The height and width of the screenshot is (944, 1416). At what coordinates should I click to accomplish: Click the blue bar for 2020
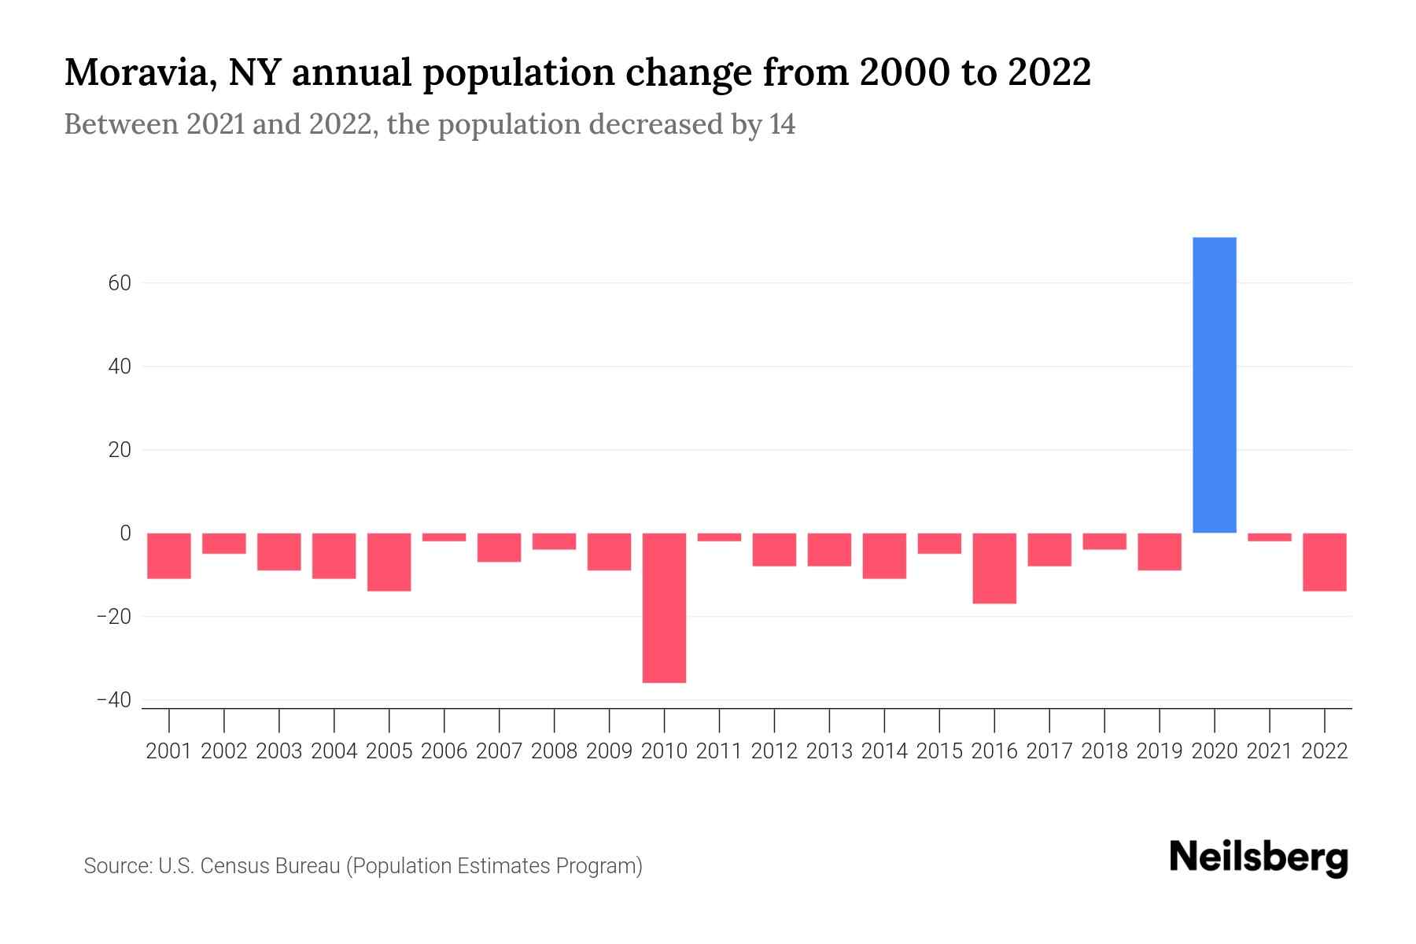tap(1214, 385)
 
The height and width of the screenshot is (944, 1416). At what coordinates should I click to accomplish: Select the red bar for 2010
tap(664, 607)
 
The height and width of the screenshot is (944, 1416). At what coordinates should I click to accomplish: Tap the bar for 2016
tap(994, 568)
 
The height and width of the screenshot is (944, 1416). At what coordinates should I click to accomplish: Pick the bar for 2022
tap(1324, 562)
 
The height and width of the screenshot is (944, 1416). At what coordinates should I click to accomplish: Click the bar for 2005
tap(389, 562)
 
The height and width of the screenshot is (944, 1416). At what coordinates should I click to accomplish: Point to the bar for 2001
tap(169, 555)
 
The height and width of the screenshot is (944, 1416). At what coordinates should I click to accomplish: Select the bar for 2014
tap(884, 555)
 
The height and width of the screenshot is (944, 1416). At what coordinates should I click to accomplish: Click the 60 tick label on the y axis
tap(120, 283)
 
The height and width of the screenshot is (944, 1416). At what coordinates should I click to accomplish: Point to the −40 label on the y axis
tap(114, 700)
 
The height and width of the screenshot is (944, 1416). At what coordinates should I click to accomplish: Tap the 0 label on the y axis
tap(125, 533)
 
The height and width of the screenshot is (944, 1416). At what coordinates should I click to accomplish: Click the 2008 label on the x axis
tap(554, 751)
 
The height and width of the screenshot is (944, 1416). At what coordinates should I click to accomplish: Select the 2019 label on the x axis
tap(1160, 751)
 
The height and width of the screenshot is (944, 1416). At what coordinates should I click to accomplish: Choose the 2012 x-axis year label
tap(774, 751)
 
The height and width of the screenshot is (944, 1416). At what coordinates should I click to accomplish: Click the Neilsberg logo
tap(1259, 857)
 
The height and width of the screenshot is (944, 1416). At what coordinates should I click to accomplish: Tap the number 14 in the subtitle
tap(782, 124)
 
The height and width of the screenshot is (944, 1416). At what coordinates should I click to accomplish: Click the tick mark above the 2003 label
tap(279, 720)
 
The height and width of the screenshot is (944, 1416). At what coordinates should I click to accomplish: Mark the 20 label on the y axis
tap(120, 450)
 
